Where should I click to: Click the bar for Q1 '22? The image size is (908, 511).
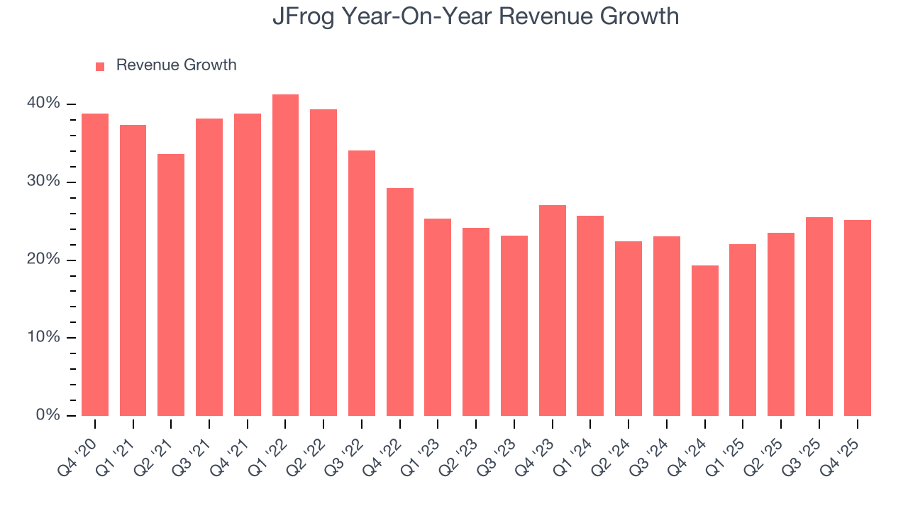click(x=285, y=255)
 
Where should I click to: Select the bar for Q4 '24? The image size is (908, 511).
click(x=704, y=341)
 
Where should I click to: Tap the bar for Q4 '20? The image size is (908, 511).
click(x=95, y=265)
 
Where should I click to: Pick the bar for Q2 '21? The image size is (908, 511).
click(x=171, y=285)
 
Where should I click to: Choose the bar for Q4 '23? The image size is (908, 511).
click(x=552, y=310)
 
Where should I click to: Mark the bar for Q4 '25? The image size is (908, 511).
click(x=857, y=318)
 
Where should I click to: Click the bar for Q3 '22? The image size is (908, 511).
click(x=362, y=283)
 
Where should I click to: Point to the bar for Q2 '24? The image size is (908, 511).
click(x=629, y=329)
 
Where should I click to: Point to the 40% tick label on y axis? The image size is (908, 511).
click(x=44, y=104)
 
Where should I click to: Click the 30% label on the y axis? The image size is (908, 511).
click(x=44, y=182)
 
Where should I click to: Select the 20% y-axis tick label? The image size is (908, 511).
click(x=44, y=260)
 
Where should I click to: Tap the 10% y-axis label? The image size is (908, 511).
click(x=44, y=337)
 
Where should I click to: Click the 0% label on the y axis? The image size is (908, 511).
click(x=48, y=415)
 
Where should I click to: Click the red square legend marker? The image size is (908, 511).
click(x=100, y=66)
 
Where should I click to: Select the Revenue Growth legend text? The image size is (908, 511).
click(x=176, y=65)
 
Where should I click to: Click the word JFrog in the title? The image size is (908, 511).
click(x=301, y=16)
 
